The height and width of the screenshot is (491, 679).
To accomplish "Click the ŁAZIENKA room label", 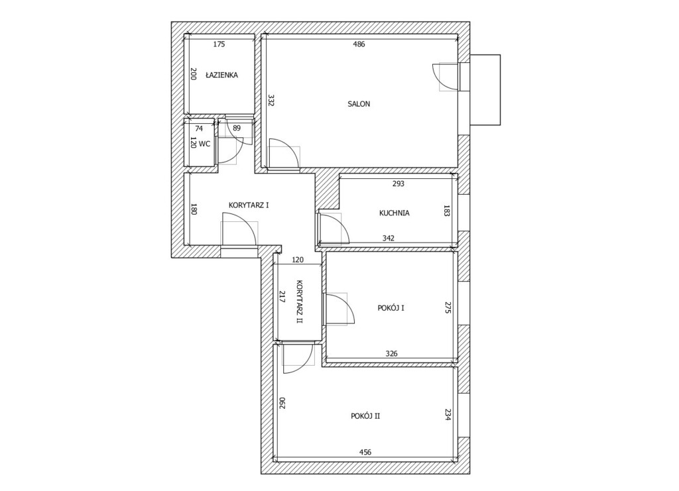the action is [221, 75].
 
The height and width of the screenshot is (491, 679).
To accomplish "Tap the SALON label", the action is [359, 104].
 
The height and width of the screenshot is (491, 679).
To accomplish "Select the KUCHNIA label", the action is [394, 213].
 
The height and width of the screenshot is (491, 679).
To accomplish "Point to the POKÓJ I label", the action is [391, 308].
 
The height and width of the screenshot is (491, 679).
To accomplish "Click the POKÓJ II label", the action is [365, 416].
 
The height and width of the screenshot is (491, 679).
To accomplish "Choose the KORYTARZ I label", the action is [249, 205].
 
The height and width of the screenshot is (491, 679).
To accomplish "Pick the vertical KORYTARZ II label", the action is [300, 301].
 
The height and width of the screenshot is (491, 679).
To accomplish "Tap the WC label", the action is [204, 144].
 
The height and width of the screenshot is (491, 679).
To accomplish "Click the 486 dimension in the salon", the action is [359, 44].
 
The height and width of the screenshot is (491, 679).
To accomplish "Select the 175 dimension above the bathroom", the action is [219, 44].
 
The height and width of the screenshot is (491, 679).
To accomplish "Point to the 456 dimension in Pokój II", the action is [365, 453].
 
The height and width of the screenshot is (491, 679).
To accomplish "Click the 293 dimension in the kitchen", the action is [398, 184].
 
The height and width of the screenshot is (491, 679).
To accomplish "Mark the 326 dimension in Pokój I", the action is [391, 353].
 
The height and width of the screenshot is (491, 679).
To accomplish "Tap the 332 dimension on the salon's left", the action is [271, 101].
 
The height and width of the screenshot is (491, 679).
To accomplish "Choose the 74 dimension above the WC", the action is [199, 129].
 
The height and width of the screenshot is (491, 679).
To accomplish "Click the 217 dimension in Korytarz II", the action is [282, 297].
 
